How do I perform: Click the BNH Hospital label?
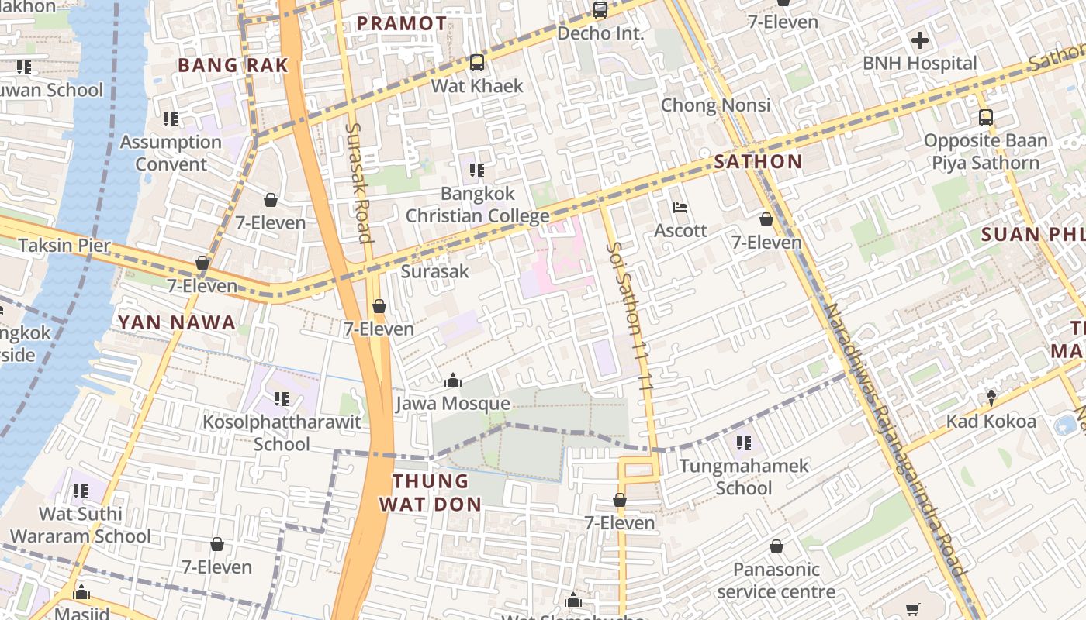pos(919,64)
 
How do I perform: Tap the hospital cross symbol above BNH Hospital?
pos(920,40)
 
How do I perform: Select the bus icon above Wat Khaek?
pos(477,63)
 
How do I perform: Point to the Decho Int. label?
pos(600,33)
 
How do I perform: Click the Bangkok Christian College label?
pos(477,205)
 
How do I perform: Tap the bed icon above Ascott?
pos(680,208)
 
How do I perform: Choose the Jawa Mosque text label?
pos(453,404)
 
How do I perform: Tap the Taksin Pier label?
pos(65,246)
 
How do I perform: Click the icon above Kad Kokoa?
pos(991,398)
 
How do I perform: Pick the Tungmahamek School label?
pos(744,477)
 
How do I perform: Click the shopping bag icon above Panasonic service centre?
pos(776,547)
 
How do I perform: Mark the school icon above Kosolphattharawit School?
pos(281,399)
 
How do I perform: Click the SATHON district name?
pos(758,162)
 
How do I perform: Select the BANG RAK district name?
pos(233,66)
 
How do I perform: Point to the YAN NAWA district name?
pos(176,323)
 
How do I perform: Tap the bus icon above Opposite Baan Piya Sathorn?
pos(985,118)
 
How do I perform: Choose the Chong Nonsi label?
pos(715,105)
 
